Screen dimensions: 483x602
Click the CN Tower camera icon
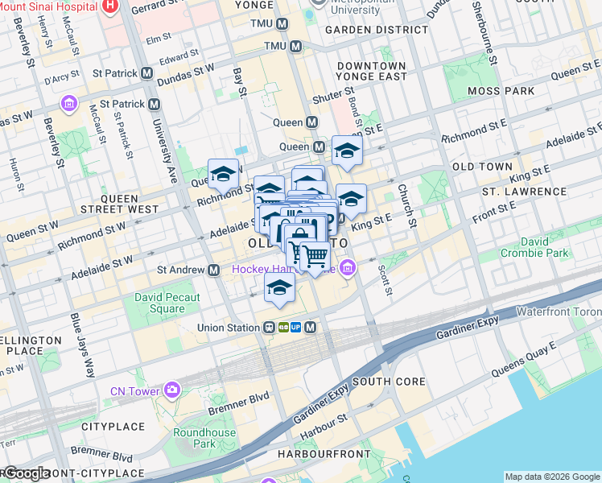pyautogui.click(x=172, y=390)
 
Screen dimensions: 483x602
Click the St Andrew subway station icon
pyautogui.click(x=214, y=270)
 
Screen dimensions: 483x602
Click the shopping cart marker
pyautogui.click(x=315, y=258)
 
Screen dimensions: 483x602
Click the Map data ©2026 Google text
pyautogui.click(x=551, y=477)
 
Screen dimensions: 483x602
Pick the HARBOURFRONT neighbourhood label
pyautogui.click(x=324, y=454)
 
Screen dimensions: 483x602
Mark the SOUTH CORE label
pyautogui.click(x=382, y=381)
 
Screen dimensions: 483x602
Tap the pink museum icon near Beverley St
pyautogui.click(x=68, y=104)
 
